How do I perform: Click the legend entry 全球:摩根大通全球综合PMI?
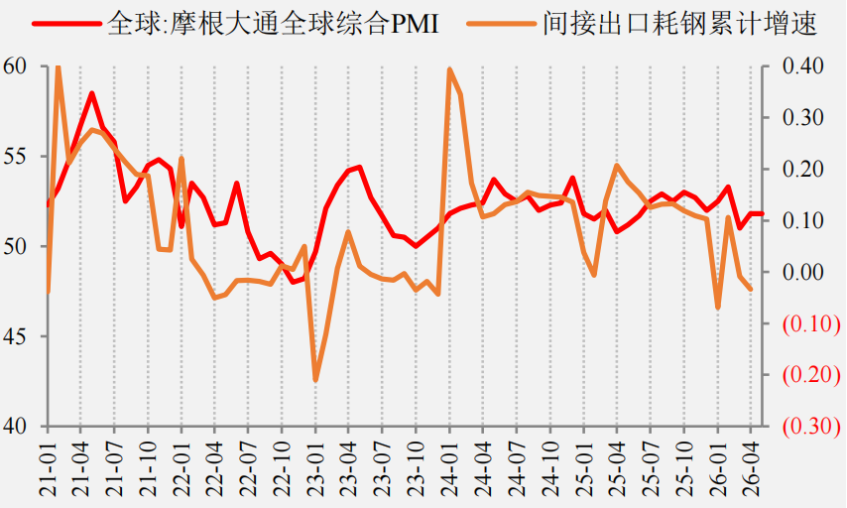(x=236, y=24)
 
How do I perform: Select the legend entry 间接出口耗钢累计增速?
(x=642, y=24)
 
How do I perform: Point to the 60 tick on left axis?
(x=15, y=65)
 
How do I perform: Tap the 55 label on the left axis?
(x=15, y=156)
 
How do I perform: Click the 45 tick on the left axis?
(x=15, y=336)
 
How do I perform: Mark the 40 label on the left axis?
(x=15, y=427)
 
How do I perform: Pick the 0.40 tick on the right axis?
(x=803, y=65)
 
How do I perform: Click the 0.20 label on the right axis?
(x=803, y=169)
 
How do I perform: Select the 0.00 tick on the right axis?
(x=803, y=272)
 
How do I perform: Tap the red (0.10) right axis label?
(x=811, y=323)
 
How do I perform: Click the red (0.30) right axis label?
(x=811, y=427)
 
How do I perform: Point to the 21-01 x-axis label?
(x=48, y=468)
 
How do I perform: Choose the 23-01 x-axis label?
(x=316, y=468)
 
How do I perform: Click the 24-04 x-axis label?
(x=483, y=468)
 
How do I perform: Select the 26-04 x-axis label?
(x=751, y=468)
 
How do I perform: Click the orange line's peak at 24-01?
(x=449, y=69)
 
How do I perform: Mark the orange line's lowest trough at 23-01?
(x=315, y=380)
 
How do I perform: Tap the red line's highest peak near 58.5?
(x=92, y=93)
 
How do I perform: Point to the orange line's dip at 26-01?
(x=718, y=308)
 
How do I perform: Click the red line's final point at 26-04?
(x=762, y=213)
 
